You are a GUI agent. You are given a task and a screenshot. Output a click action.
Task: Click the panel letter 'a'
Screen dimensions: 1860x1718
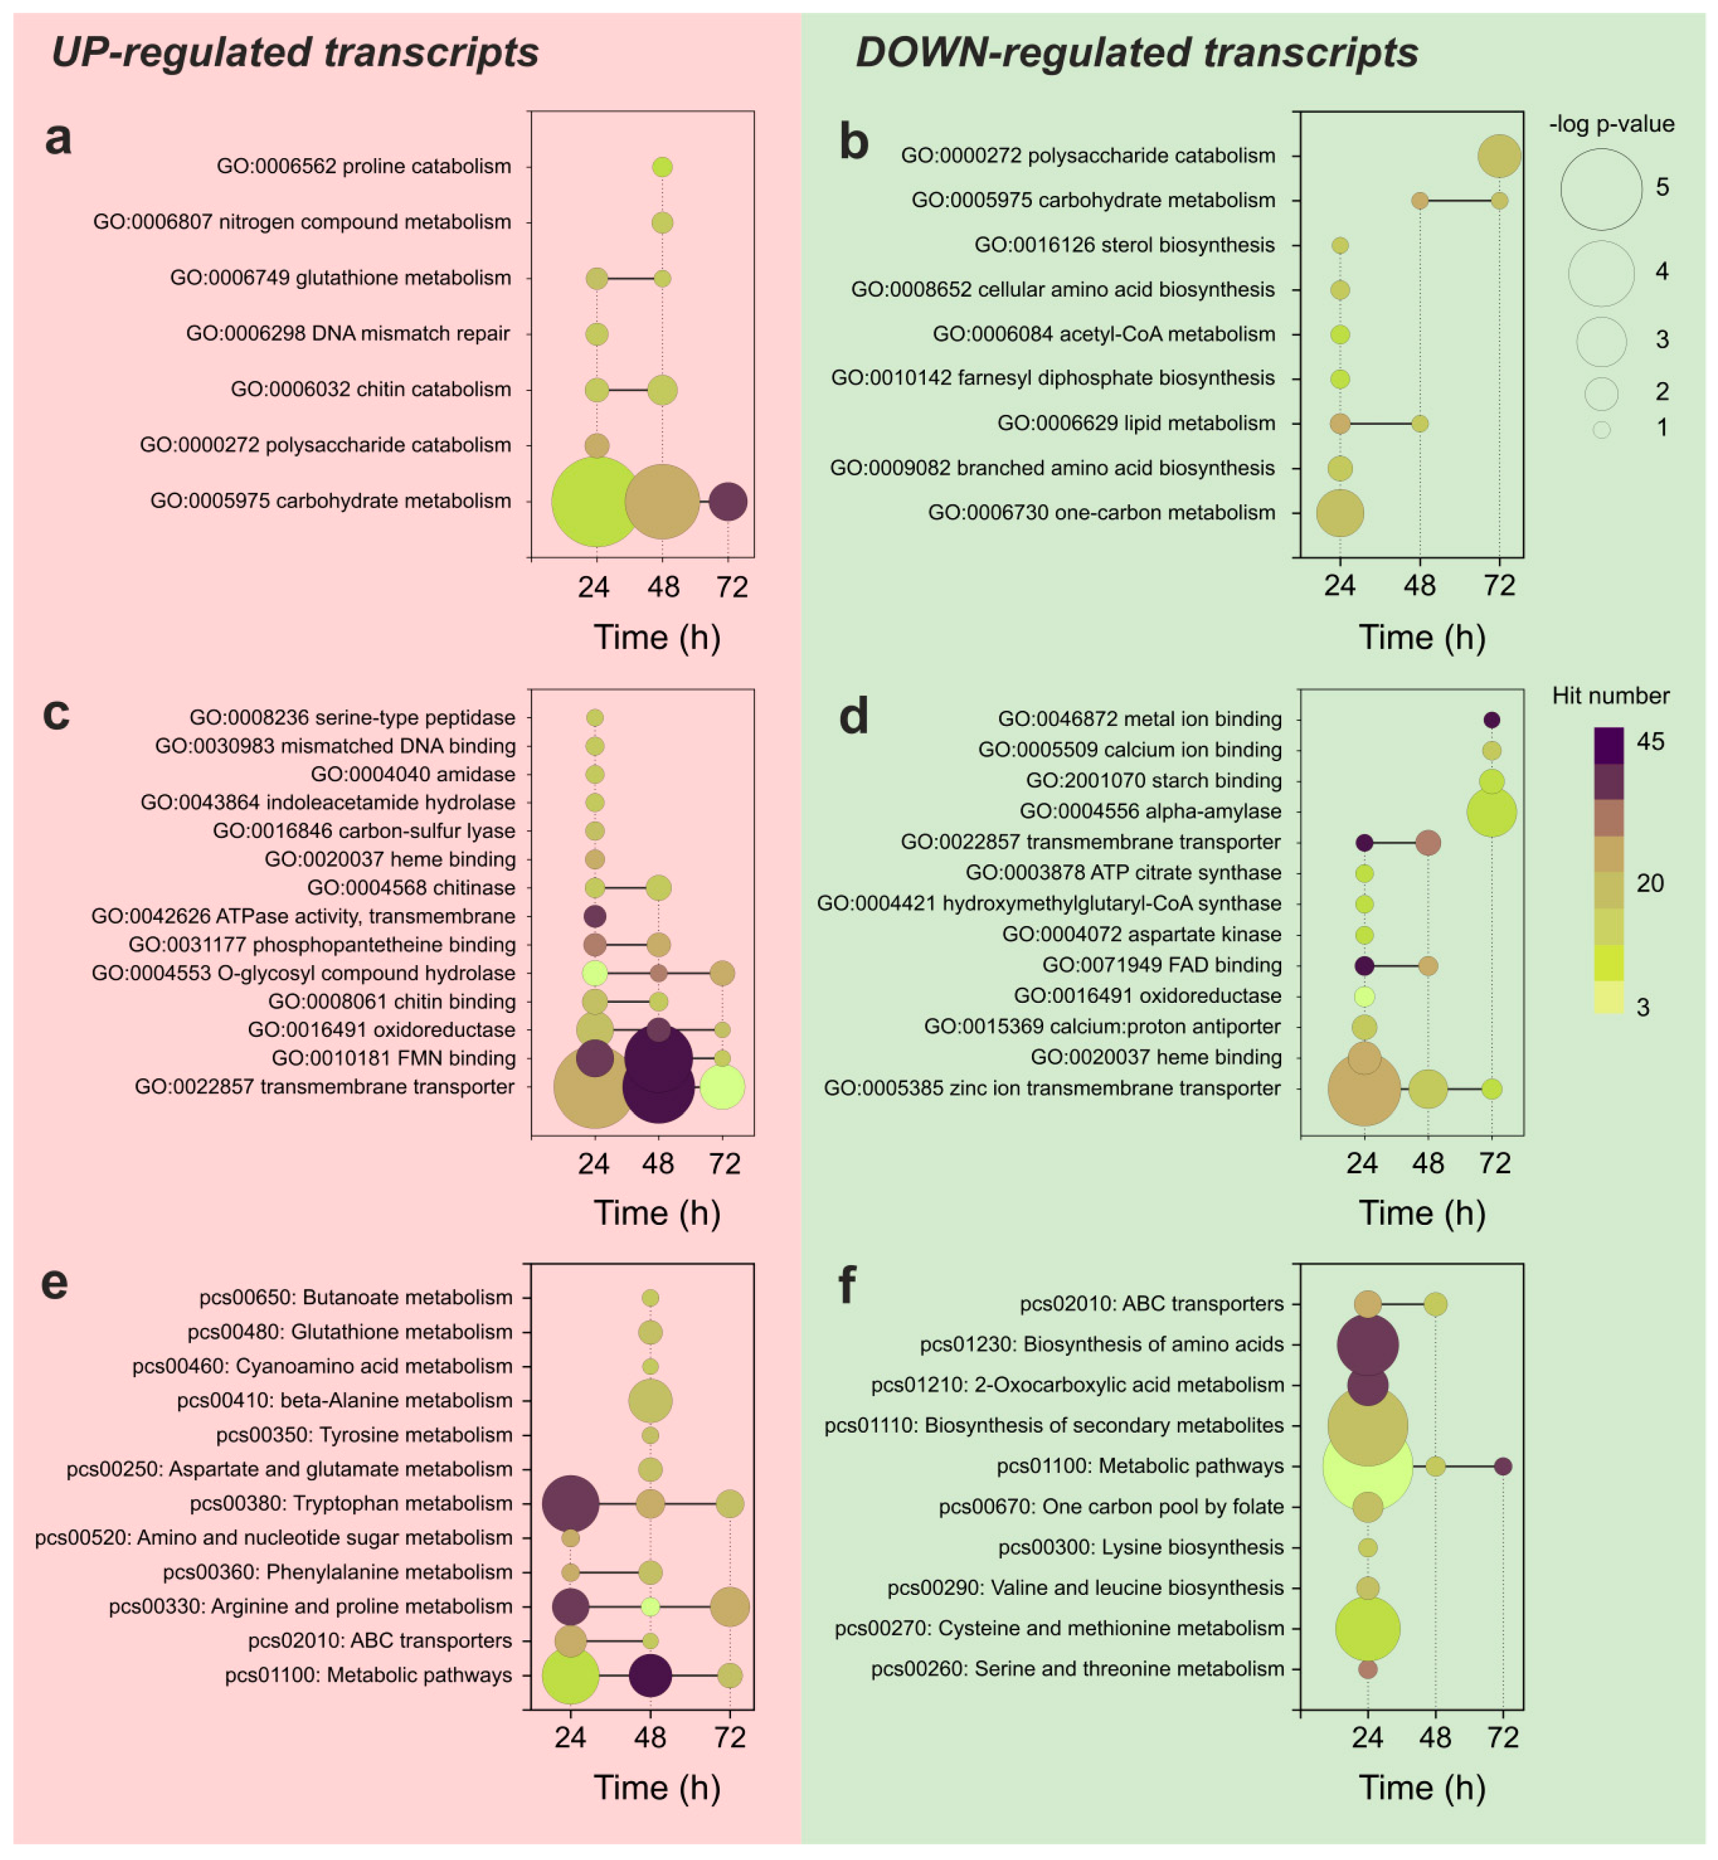point(58,138)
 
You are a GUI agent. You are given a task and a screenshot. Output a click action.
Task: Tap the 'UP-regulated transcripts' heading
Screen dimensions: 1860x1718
point(295,52)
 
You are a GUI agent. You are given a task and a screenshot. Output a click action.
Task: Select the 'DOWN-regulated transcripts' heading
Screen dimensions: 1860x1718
point(1136,52)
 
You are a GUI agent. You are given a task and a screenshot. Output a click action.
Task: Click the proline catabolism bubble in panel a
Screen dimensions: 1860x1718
point(662,167)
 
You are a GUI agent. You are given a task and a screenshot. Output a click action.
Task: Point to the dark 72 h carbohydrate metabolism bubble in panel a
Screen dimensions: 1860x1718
point(728,501)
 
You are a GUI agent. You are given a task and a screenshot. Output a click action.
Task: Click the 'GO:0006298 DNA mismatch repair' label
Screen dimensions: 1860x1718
point(348,334)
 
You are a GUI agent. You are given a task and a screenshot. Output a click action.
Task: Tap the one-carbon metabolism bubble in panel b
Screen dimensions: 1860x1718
point(1340,513)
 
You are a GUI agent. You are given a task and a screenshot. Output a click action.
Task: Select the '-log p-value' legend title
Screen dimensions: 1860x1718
point(1611,124)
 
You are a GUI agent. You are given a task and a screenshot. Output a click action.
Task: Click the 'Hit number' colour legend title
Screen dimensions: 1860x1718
point(1610,695)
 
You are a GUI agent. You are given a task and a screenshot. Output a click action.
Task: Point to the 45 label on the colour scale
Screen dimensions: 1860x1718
point(1650,742)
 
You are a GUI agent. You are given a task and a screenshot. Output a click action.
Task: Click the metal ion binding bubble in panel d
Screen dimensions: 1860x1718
point(1491,720)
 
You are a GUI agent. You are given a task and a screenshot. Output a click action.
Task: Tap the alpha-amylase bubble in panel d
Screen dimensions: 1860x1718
point(1491,812)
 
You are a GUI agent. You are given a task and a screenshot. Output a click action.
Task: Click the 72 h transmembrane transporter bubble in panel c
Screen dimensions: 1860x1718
point(722,1087)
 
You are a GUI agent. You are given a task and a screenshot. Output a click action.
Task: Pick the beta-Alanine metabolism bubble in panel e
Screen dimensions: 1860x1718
point(650,1400)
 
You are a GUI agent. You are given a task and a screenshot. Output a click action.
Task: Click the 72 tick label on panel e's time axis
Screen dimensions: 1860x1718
point(730,1737)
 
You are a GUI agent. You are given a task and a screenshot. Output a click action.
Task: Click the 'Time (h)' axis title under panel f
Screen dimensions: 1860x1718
point(1421,1787)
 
